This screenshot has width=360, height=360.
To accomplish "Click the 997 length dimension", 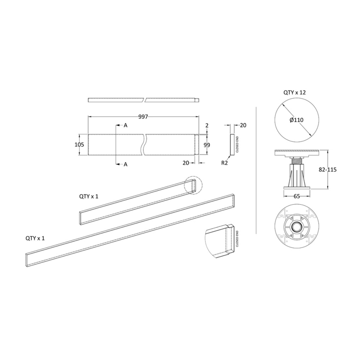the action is pyautogui.click(x=143, y=117).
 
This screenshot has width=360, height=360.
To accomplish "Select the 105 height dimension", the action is pyautogui.click(x=80, y=144).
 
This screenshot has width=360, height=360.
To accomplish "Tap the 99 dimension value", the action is pyautogui.click(x=207, y=145).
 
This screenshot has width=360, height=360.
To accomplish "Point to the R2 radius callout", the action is pyautogui.click(x=225, y=163).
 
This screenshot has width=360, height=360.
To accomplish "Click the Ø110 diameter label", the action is pyautogui.click(x=297, y=120).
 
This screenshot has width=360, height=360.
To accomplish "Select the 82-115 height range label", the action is pyautogui.click(x=328, y=170).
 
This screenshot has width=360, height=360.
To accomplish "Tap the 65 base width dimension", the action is pyautogui.click(x=297, y=196).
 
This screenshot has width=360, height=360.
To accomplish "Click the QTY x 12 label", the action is pyautogui.click(x=295, y=93).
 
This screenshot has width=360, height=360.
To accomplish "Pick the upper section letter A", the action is pyautogui.click(x=126, y=126).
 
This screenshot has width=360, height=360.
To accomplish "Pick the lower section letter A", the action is pyautogui.click(x=126, y=164).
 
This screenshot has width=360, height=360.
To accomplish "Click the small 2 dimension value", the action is pyautogui.click(x=207, y=126).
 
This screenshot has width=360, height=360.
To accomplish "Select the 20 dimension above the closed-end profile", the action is pyautogui.click(x=243, y=126).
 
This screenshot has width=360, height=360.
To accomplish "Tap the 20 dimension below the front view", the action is pyautogui.click(x=186, y=163).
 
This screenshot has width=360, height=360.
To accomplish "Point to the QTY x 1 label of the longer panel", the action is pyautogui.click(x=35, y=238).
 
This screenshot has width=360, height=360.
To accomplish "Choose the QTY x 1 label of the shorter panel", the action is pyautogui.click(x=89, y=197).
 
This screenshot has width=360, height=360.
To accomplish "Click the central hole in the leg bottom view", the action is pyautogui.click(x=297, y=228).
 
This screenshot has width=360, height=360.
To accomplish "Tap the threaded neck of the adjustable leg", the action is pyautogui.click(x=297, y=161).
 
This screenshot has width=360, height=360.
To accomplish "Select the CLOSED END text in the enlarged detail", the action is pyautogui.click(x=237, y=239).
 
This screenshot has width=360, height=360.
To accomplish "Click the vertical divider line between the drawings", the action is pyautogui.click(x=256, y=171).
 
